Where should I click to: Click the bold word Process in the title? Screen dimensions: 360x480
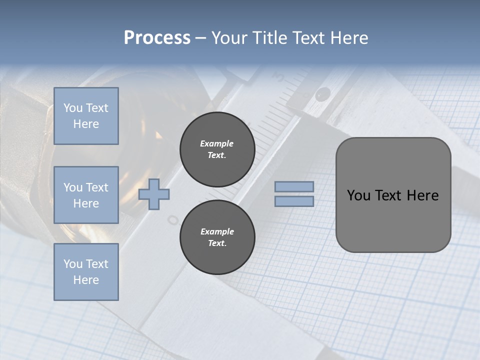[x=157, y=38]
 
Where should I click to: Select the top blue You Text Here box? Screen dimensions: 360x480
[x=86, y=116]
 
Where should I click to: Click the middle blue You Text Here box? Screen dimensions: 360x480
[x=86, y=195]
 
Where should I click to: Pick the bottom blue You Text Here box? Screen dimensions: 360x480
[x=86, y=272]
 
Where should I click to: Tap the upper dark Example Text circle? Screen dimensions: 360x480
[x=217, y=149]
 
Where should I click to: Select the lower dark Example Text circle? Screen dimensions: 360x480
[x=217, y=237]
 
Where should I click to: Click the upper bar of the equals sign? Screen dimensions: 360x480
[x=294, y=187]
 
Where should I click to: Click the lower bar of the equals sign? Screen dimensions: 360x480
[x=294, y=201]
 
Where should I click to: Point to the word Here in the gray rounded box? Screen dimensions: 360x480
[x=422, y=195]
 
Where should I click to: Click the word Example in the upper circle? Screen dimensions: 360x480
[x=217, y=143]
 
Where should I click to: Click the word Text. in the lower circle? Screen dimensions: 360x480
[x=217, y=243]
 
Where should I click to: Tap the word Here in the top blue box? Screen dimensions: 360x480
[x=86, y=124]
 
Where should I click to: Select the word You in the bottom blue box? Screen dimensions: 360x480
[x=73, y=264]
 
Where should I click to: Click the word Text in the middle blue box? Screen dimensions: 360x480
[x=97, y=187]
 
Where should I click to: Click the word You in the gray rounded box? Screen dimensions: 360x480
[x=358, y=195]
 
